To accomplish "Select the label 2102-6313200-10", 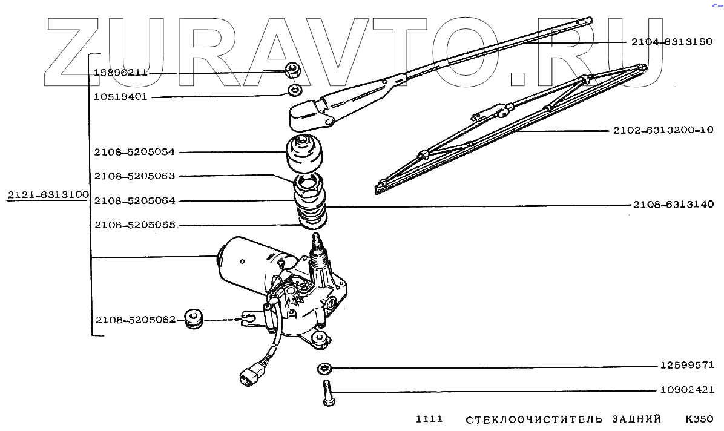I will (663, 130).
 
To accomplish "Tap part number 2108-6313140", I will (674, 205).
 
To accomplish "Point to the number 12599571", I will (687, 366).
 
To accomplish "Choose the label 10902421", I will (687, 390).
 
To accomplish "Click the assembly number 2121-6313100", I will (48, 195).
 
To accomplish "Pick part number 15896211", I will (120, 73).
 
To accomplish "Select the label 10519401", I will (120, 96).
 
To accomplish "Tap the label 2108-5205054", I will (134, 153).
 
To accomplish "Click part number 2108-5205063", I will (134, 176).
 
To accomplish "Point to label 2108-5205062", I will (134, 319).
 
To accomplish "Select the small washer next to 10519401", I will (295, 91).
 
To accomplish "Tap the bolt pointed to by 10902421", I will (327, 393).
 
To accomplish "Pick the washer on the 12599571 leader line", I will (323, 367).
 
